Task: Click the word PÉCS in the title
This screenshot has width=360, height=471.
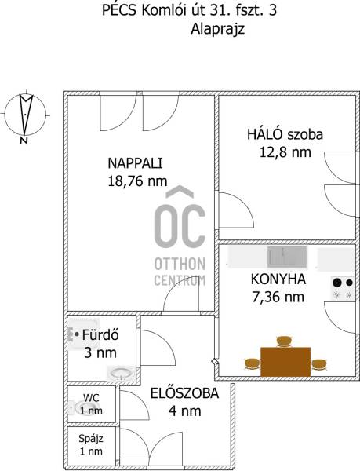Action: coord(119,10)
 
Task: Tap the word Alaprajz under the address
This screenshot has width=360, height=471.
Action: coord(218,30)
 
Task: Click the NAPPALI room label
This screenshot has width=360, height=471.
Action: coord(135,163)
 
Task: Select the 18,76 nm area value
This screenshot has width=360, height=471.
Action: coord(137,181)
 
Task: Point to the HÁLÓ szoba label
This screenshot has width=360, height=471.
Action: coord(285,134)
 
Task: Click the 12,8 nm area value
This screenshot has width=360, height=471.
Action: coord(285,152)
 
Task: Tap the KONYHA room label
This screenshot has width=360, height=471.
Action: coord(278,279)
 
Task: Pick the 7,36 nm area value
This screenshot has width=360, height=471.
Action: coord(278,297)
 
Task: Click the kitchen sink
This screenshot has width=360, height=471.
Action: coord(287,257)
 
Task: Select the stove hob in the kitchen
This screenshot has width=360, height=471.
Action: coord(343,288)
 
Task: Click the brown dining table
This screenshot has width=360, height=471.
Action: coord(285,362)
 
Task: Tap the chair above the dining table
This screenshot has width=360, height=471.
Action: coord(284,341)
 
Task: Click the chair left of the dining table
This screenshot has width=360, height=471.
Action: coord(252,363)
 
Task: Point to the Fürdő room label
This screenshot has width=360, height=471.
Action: coord(100,335)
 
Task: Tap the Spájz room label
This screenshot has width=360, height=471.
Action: coord(91,439)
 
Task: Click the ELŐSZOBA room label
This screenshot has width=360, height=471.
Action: coord(184,393)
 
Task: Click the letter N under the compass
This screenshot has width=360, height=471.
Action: coord(24,141)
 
